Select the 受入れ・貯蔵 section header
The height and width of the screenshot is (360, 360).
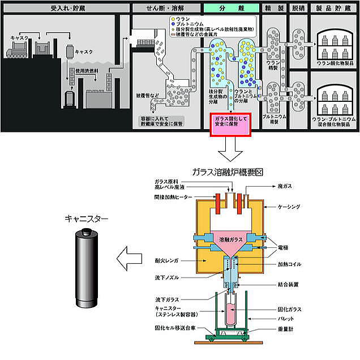[x=65, y=8]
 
